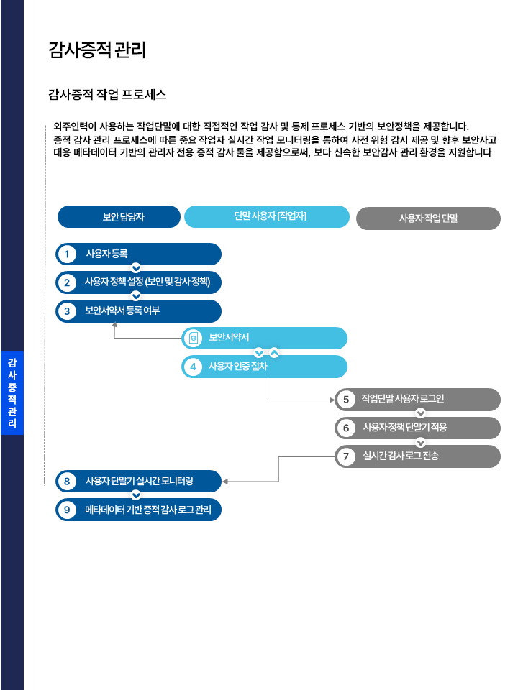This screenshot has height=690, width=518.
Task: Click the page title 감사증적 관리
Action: (x=97, y=50)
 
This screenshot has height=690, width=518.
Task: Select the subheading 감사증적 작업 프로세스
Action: (x=107, y=94)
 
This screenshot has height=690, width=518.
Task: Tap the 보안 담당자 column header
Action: (x=119, y=217)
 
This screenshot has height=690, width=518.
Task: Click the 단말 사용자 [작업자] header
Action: (x=267, y=216)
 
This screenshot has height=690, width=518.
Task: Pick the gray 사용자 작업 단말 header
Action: (x=428, y=218)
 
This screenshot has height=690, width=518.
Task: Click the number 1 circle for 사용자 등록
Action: (x=67, y=254)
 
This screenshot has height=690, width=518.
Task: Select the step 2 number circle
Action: (x=67, y=282)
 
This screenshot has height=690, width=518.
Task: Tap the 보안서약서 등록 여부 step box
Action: (x=139, y=311)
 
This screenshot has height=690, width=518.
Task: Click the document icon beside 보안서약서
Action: (x=192, y=339)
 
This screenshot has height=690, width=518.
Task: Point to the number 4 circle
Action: (x=192, y=367)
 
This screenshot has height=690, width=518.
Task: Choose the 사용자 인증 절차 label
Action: (x=238, y=367)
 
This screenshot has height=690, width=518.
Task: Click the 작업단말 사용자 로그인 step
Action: (x=417, y=399)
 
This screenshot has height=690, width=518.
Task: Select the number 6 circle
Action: (x=346, y=428)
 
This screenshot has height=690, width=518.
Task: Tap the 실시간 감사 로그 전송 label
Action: (x=401, y=456)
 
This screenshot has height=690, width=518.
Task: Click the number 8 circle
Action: (x=67, y=481)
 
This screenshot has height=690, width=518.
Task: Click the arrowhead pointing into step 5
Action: (x=332, y=399)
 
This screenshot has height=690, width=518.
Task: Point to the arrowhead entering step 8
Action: (x=225, y=482)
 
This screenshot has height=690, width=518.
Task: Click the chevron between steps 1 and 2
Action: (x=135, y=269)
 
